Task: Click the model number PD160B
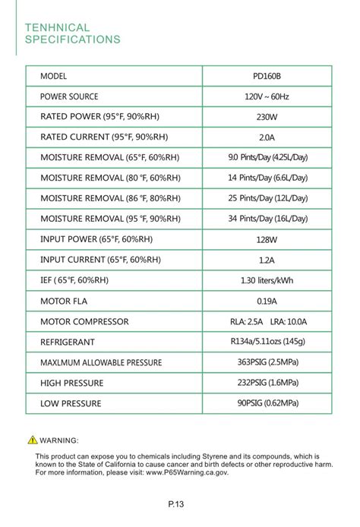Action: coord(267,77)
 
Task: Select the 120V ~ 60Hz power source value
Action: coord(267,97)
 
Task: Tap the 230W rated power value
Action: coord(267,118)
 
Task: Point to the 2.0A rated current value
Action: coord(267,137)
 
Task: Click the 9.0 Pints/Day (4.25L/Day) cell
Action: coord(267,158)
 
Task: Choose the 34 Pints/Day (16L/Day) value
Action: coord(267,219)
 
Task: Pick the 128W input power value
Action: coord(267,239)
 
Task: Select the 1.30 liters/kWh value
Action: coord(267,280)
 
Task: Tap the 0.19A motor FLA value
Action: coord(267,301)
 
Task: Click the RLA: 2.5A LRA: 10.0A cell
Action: coord(267,321)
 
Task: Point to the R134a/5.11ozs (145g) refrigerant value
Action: coord(267,342)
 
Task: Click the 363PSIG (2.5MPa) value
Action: coord(267,362)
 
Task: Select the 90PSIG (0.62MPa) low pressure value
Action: coord(267,402)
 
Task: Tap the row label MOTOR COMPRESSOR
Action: coord(84,322)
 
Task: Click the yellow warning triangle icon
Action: coord(32,440)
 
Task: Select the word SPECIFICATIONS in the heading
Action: coord(73,39)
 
